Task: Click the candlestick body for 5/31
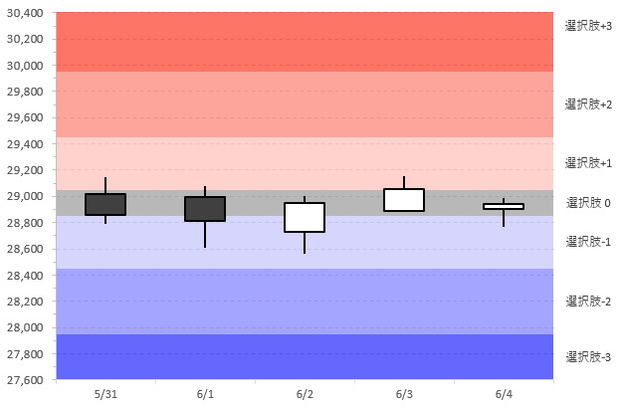point(105,204)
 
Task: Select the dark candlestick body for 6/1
point(205,208)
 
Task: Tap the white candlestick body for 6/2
point(305,217)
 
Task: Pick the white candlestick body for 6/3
point(404,200)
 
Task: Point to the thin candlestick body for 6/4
point(504,206)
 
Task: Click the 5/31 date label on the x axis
point(105,394)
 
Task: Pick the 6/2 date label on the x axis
point(305,394)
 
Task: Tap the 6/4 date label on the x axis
point(504,394)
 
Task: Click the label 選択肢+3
point(588,25)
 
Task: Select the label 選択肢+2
point(588,103)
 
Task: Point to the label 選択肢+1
point(588,162)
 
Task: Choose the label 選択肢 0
point(588,203)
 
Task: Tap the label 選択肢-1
point(588,242)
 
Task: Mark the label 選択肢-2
point(588,301)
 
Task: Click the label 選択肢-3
point(588,356)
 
